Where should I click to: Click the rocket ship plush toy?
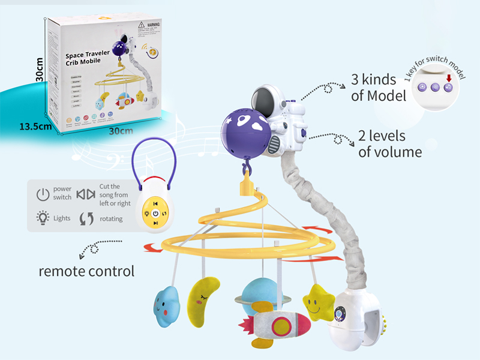coord(277,325)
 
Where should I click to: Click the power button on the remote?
coord(155,214)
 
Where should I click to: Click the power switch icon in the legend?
coord(42,194)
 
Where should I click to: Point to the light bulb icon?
coord(43,218)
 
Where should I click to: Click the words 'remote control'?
coord(86,271)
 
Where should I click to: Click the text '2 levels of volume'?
coord(390,143)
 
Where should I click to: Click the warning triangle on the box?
coord(142,25)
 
